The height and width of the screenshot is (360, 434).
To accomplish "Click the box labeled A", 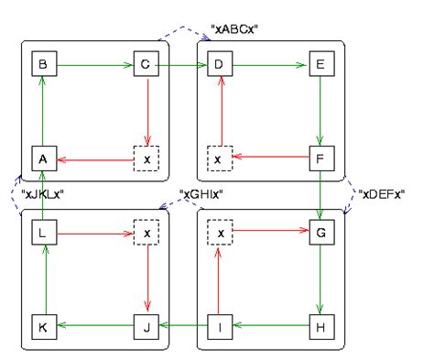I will pos(42,158).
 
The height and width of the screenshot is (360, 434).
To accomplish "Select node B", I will pos(42,66).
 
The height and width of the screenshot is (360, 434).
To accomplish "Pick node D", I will pos(219,66).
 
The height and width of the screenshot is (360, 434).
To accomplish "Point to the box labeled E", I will pos(320,66).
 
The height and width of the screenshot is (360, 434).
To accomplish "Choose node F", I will pos(320,158).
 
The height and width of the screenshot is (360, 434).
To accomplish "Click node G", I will pos(320,233).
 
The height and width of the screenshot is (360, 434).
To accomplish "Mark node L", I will pos(42,233).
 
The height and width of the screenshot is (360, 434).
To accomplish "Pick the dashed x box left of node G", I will pos(219,233).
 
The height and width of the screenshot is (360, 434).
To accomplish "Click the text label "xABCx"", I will pos(236,29).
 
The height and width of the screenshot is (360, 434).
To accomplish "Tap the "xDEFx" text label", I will pos(382,193).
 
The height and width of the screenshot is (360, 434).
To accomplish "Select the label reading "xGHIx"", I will pos(203,194).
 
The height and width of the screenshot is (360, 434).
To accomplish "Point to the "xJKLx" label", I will pos(44,194).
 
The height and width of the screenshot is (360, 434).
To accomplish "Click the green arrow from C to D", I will pos(183,66).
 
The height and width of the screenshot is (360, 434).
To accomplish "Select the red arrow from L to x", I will pos(94,233).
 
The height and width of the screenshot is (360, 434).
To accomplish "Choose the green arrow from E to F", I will pos(320,112).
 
